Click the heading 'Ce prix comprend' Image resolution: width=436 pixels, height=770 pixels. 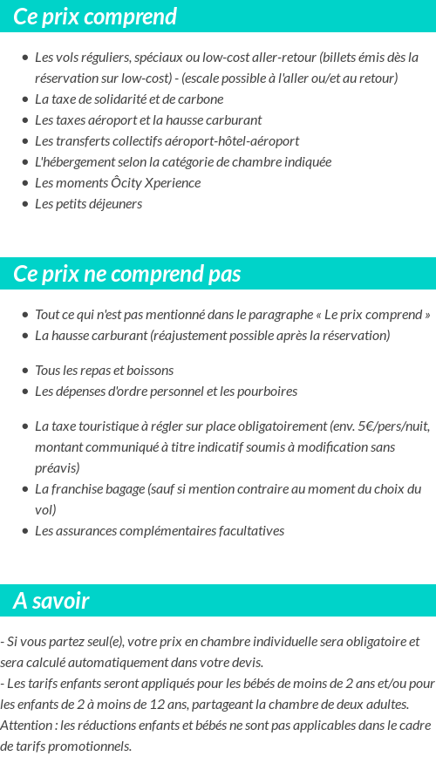click(x=95, y=17)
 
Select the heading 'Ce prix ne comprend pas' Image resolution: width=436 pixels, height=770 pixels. click(x=126, y=274)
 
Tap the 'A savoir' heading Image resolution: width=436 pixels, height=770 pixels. click(x=51, y=601)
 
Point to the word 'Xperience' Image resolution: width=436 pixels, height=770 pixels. click(x=172, y=183)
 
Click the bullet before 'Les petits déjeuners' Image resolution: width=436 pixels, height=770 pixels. click(x=24, y=204)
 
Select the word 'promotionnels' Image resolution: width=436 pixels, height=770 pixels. click(x=90, y=746)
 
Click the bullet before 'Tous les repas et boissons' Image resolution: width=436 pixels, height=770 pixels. click(x=24, y=371)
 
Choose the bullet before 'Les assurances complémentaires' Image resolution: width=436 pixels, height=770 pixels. click(x=24, y=531)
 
